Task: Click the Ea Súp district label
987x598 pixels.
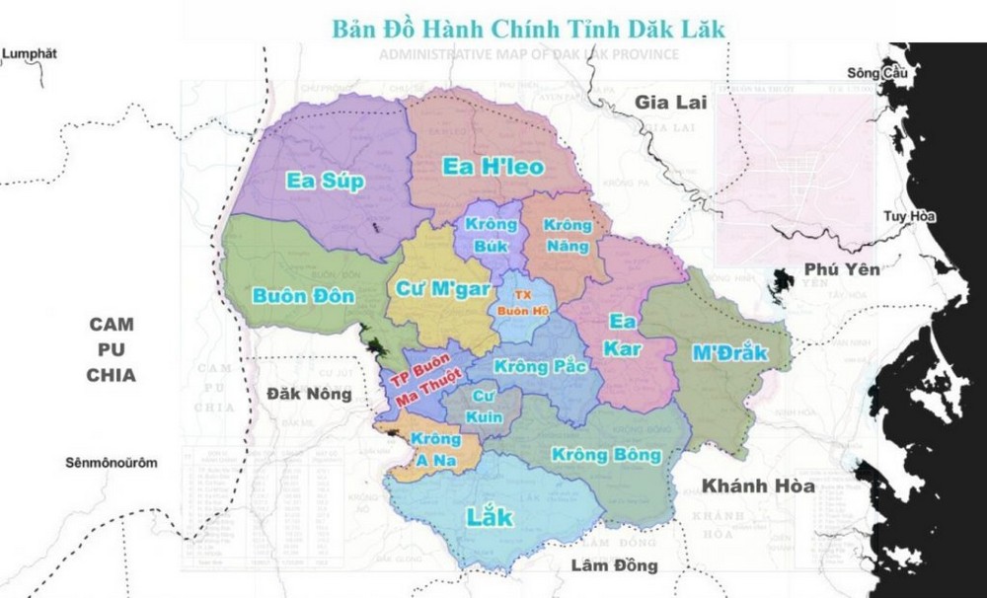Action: [x=325, y=181]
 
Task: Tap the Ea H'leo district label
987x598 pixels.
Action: [x=493, y=166]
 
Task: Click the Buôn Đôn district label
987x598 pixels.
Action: [x=289, y=294]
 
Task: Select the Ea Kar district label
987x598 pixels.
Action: [x=624, y=335]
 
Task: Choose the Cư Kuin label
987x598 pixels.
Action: [x=484, y=406]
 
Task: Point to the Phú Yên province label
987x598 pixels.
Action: [x=841, y=268]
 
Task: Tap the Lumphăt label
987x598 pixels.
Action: [x=31, y=53]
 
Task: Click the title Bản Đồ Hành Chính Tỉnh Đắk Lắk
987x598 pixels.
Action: [x=528, y=28]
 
